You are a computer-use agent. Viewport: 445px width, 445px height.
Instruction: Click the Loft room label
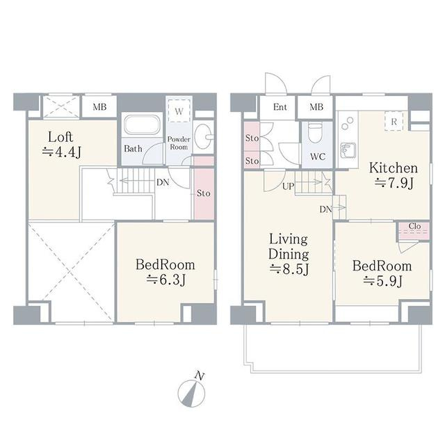(x=60, y=138)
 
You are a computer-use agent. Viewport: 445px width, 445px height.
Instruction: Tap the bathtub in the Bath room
(x=142, y=124)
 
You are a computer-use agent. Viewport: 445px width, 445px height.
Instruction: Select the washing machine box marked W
(x=179, y=111)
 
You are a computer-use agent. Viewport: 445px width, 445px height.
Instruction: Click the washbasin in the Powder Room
(x=204, y=137)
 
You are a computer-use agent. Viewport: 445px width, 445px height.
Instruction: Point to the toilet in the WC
(x=316, y=133)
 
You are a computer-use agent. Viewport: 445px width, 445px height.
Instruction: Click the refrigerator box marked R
(x=394, y=122)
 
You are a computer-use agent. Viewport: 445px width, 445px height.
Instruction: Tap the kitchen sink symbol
(x=347, y=150)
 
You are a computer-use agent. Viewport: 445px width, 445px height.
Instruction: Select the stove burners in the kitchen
(x=348, y=124)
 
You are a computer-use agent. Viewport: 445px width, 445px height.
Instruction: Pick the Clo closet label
(x=414, y=226)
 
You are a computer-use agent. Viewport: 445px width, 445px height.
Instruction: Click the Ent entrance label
(x=280, y=107)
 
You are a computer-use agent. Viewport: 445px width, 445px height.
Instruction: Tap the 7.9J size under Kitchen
(x=394, y=183)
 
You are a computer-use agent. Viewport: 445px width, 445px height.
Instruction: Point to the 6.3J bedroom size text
(x=166, y=280)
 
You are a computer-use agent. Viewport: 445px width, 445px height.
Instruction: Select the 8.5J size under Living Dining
(x=289, y=269)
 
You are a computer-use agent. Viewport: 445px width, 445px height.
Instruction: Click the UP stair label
(x=288, y=186)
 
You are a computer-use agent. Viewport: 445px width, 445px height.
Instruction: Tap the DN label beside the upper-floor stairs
(x=163, y=182)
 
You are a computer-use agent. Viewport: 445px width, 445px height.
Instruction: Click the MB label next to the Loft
(x=99, y=107)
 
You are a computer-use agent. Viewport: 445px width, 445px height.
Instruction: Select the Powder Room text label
(x=179, y=143)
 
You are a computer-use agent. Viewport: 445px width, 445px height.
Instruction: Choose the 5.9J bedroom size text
(x=383, y=282)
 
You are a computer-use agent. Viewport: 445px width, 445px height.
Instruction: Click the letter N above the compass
(x=200, y=376)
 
